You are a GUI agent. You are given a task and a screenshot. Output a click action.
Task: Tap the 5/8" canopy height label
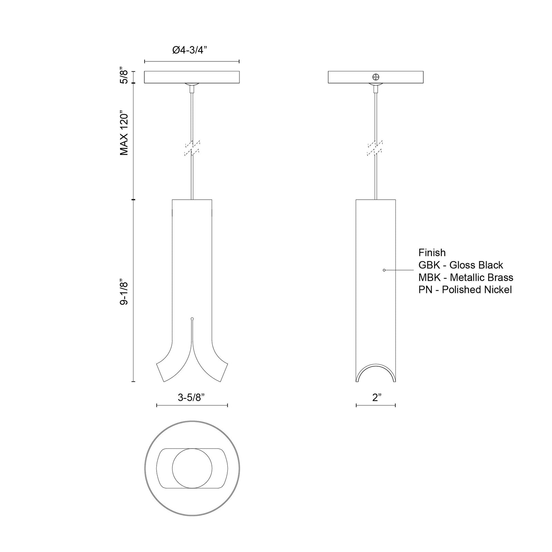[124, 77]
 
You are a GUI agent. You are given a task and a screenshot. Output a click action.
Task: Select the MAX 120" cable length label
[124, 133]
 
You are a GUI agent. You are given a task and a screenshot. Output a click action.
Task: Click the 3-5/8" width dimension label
[191, 397]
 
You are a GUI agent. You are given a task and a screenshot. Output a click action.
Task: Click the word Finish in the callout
[432, 253]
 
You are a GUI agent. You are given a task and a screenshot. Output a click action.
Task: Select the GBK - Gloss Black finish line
[461, 265]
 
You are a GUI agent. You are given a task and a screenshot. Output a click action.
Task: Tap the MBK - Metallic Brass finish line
[466, 277]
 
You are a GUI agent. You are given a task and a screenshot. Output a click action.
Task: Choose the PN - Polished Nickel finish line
[465, 290]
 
